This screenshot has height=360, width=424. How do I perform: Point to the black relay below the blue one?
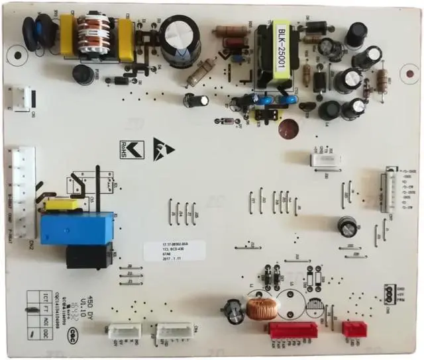pos(89,255)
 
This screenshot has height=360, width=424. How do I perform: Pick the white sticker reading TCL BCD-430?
pos(175,251)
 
